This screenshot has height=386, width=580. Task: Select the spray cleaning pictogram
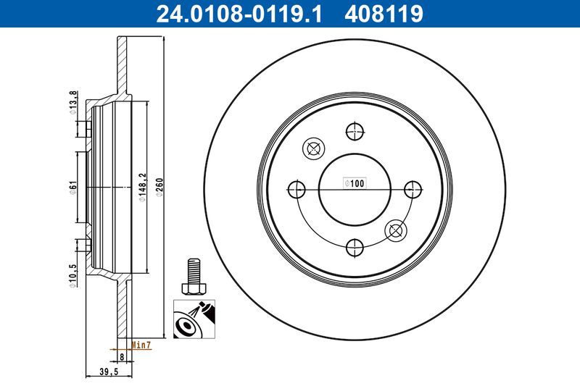pyautogui.click(x=193, y=319)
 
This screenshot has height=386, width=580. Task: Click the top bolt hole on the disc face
pyautogui.click(x=354, y=132)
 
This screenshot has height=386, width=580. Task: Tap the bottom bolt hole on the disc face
pyautogui.click(x=354, y=248)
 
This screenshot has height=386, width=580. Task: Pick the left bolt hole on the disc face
pyautogui.click(x=296, y=190)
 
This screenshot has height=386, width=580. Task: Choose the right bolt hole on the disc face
pyautogui.click(x=412, y=190)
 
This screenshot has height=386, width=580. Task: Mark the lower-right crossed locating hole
pyautogui.click(x=395, y=230)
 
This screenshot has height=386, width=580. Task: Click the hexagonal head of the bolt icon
pyautogui.click(x=191, y=289)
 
